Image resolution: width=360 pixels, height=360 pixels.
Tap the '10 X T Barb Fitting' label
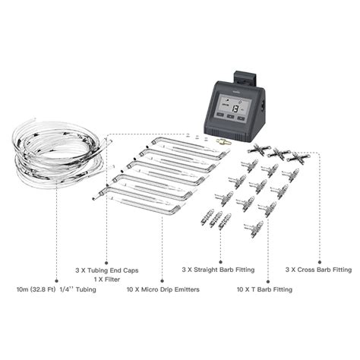click(x=254, y=290)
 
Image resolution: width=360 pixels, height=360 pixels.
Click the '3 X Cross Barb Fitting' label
click(x=318, y=269)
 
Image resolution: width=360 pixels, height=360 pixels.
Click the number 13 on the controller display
click(x=235, y=108)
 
